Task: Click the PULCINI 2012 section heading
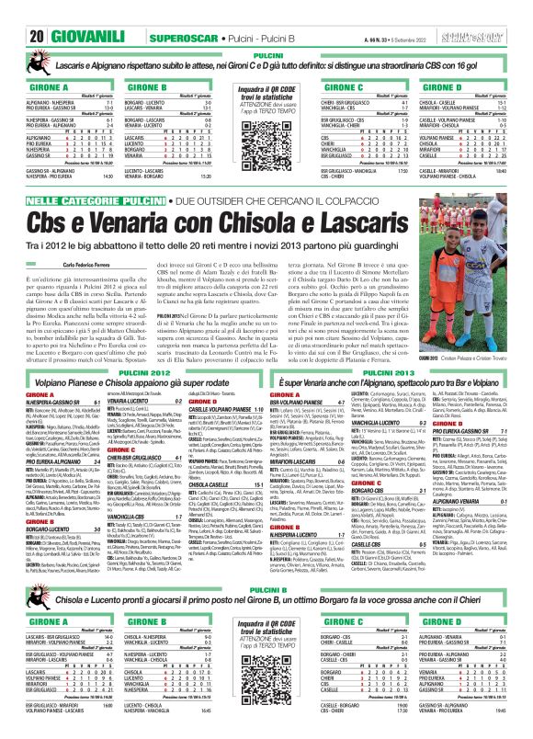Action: (133, 393)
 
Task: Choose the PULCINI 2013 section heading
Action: (399, 393)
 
